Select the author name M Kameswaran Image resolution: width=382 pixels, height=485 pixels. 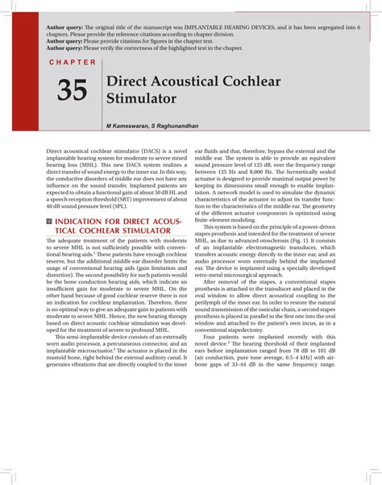coord(127,126)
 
